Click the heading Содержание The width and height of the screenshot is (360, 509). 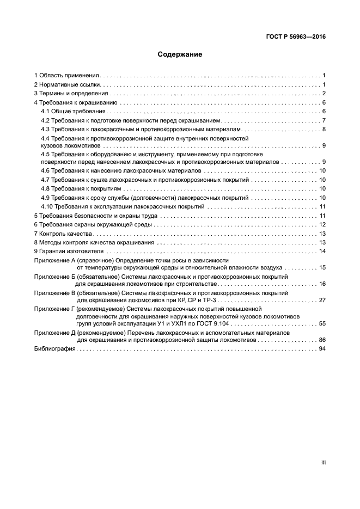pos(180,54)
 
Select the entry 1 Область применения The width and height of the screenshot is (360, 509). pos(66,75)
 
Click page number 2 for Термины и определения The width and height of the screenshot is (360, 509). pos(324,94)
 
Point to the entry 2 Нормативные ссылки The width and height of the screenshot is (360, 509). pos(67,84)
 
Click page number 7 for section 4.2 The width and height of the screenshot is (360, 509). pos(324,120)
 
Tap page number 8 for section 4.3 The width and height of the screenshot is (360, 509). pos(324,129)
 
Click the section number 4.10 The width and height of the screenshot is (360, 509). pos(47,207)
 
